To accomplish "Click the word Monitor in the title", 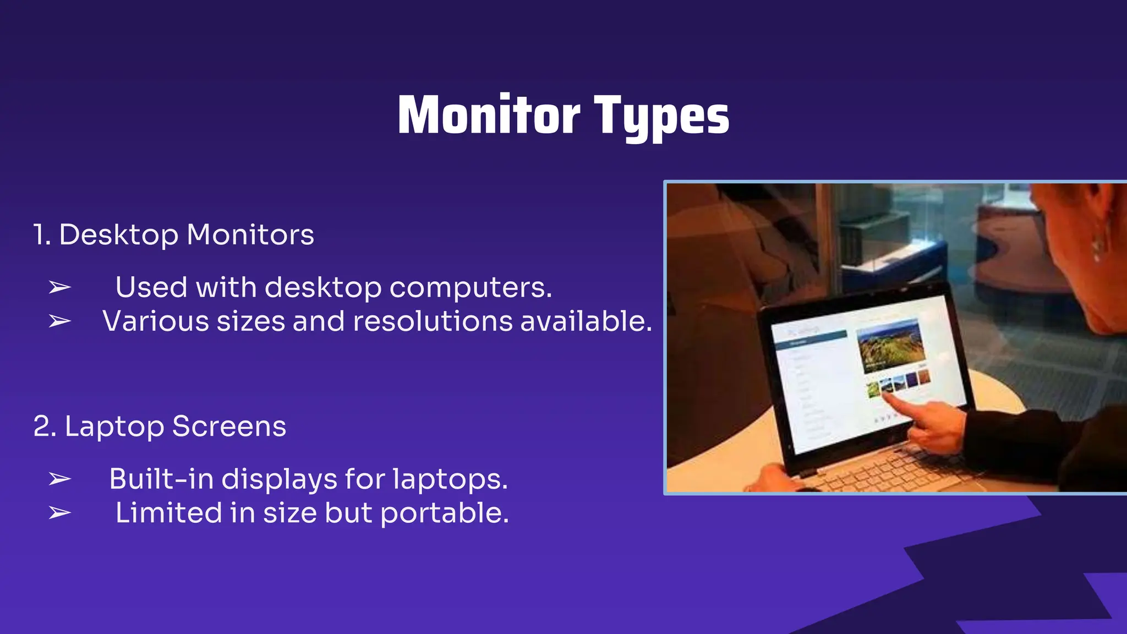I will tap(489, 115).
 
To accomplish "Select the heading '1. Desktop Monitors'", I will tap(173, 235).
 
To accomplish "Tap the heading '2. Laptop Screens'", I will tap(160, 427).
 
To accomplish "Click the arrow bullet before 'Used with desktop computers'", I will tap(59, 287).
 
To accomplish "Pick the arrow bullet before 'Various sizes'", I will tap(59, 321).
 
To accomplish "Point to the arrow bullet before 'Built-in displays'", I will tap(59, 479).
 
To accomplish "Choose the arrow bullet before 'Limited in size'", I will tap(59, 513).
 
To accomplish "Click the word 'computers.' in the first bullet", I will tap(471, 288).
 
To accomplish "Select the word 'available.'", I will tap(586, 321).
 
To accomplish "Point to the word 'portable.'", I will tap(445, 513).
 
